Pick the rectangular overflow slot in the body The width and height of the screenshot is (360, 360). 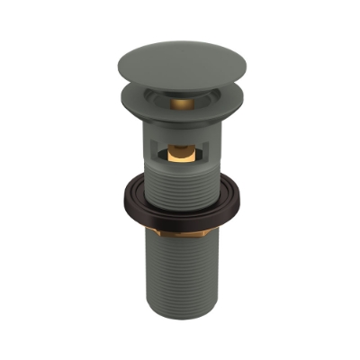pos(180,154)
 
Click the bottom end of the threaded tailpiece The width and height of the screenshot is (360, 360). pos(180,313)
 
